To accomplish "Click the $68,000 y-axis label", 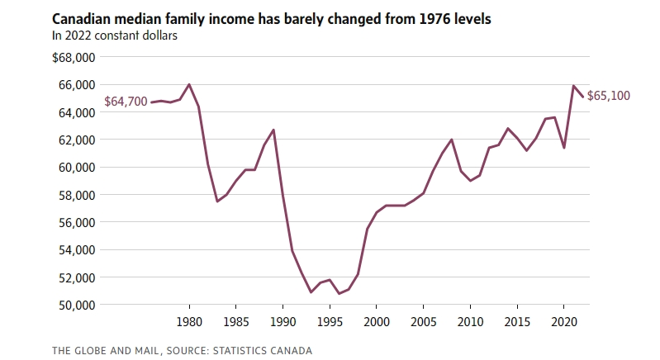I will coord(74,58).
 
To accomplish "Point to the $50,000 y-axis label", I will coord(74,305).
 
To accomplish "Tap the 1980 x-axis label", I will coord(190,322).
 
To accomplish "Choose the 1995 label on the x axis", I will coord(330,322).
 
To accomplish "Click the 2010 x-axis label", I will coord(470,322).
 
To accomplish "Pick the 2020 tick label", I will coord(563,322).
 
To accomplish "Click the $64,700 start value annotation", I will coord(126,102).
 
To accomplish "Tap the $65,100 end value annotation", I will coord(610,96).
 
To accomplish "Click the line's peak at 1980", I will coord(190,84).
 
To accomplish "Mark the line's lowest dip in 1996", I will coord(339,293).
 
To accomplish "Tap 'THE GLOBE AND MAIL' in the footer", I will coord(102,351).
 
